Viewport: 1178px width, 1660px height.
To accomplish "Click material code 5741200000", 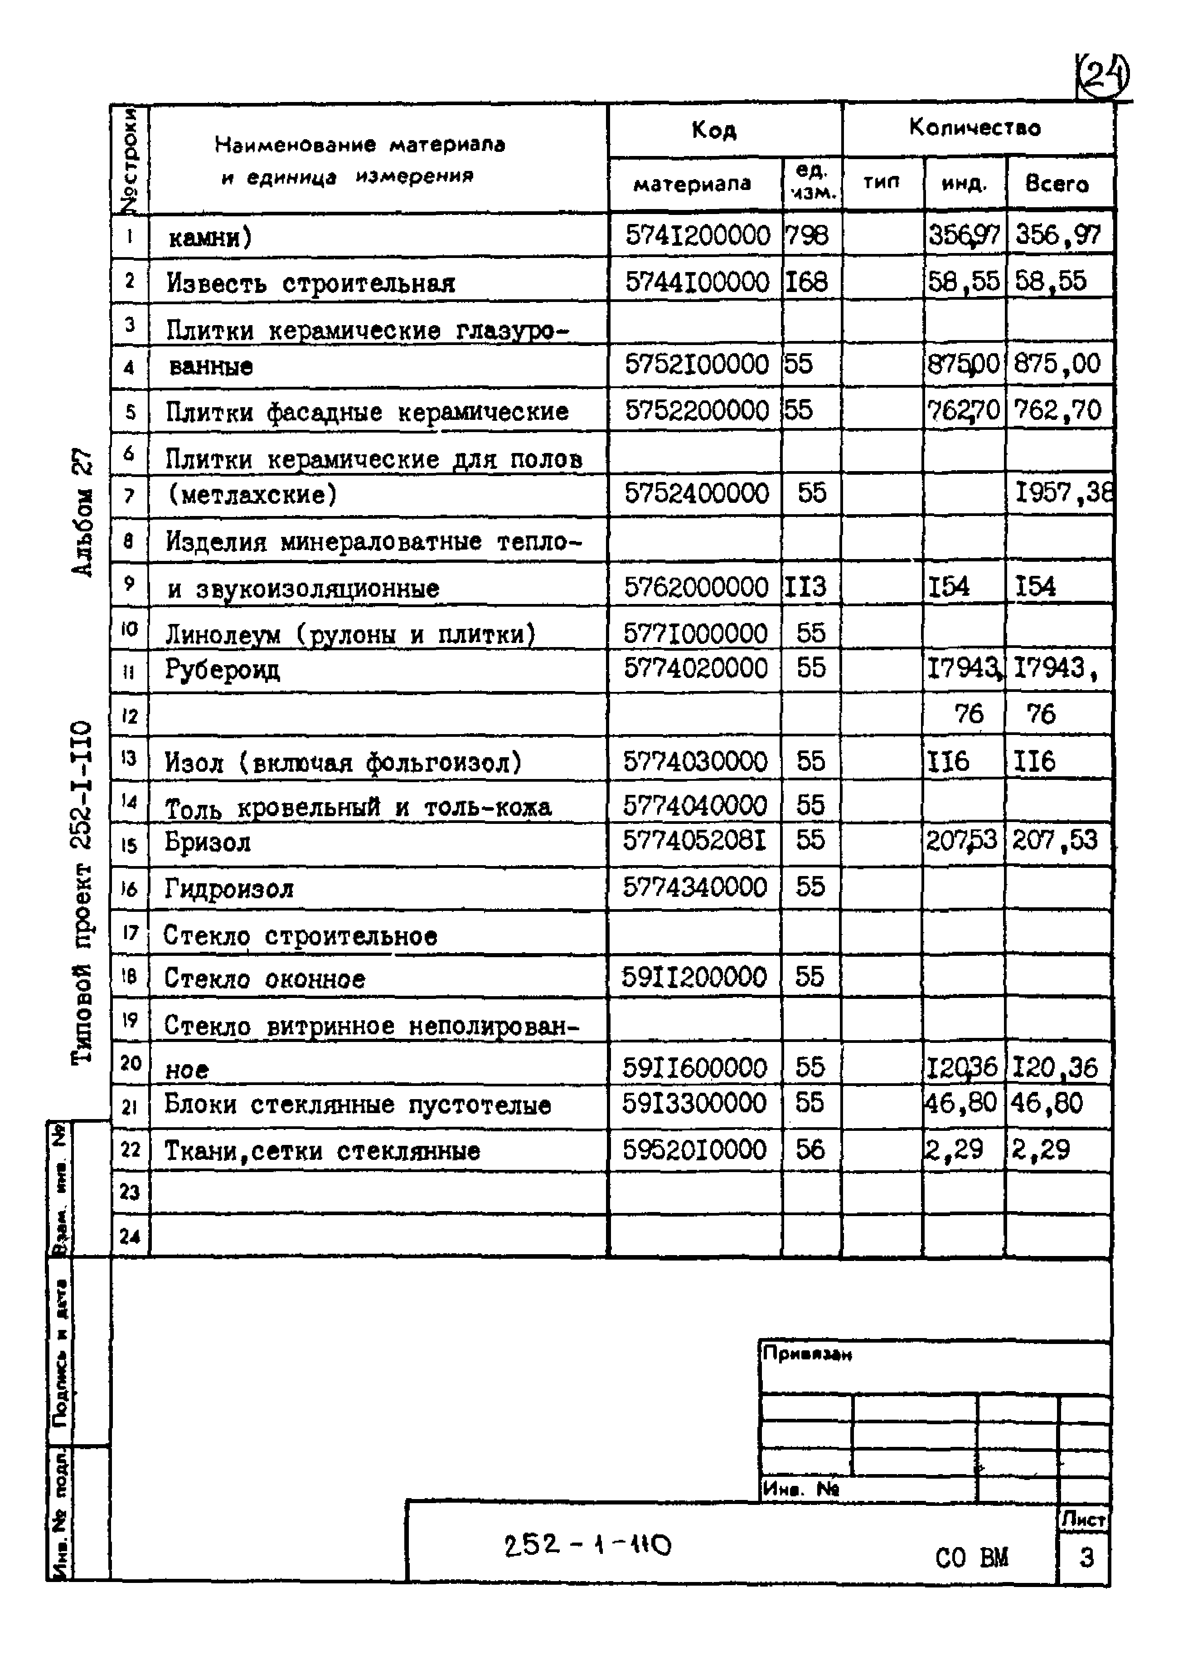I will click(697, 235).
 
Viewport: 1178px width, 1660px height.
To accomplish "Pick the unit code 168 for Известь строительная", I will click(807, 282).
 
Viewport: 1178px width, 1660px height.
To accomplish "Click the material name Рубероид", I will click(222, 669).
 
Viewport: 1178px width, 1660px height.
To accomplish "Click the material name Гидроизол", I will click(229, 889).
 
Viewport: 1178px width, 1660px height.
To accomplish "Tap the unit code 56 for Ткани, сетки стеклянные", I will click(810, 1149).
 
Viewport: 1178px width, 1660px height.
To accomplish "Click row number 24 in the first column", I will click(130, 1236).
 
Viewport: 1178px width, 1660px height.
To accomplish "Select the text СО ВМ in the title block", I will click(971, 1558).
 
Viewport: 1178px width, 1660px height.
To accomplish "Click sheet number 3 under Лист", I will click(1085, 1558).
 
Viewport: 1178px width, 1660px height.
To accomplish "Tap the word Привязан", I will click(807, 1354).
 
